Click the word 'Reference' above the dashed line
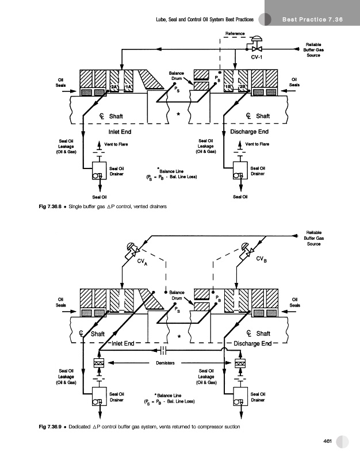coord(235,32)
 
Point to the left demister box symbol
coord(97,363)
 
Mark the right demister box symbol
coord(240,363)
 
